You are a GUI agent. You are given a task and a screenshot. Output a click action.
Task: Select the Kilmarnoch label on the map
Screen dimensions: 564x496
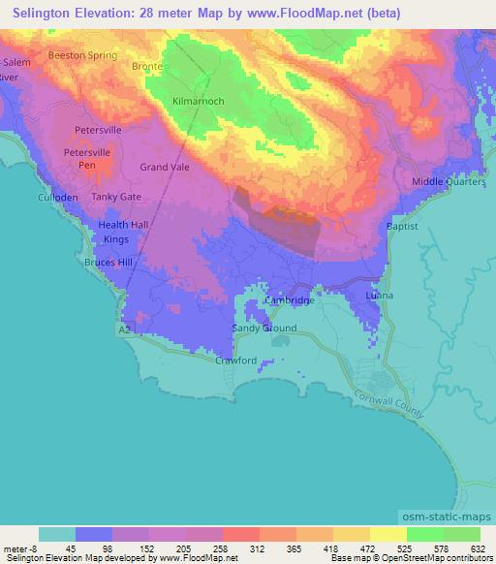pos(197,101)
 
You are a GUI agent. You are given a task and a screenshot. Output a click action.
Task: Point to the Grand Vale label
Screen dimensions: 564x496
pos(164,167)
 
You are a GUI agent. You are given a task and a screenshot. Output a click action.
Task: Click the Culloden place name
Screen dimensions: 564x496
pos(57,197)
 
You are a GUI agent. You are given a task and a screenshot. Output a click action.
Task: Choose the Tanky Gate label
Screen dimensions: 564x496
pos(116,197)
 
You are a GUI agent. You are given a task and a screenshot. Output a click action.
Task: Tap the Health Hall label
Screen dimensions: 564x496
pos(123,225)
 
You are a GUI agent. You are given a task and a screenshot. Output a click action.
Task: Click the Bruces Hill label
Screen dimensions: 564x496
pos(108,263)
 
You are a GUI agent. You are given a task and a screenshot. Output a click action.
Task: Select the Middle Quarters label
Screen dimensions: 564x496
pos(448,182)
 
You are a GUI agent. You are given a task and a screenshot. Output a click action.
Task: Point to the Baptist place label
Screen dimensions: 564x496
pos(402,226)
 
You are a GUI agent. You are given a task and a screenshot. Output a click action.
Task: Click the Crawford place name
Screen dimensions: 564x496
pos(235,360)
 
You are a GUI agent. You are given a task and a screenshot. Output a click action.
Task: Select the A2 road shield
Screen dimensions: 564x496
pos(124,330)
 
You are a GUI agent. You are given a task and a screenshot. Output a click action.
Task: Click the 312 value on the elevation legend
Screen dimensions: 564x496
pos(259,548)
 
